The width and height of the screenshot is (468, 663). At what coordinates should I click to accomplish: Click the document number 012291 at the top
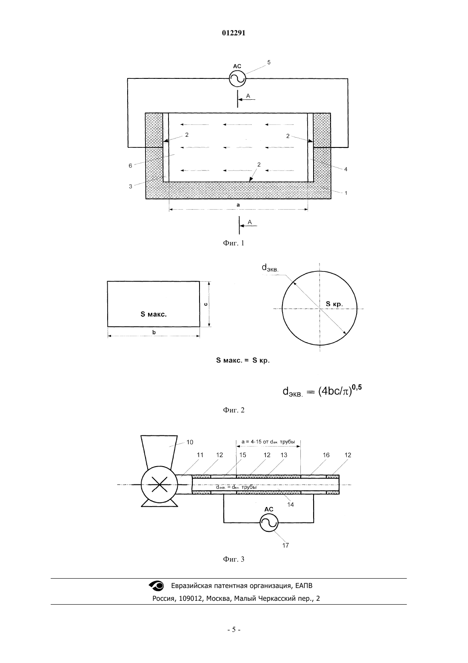click(x=234, y=33)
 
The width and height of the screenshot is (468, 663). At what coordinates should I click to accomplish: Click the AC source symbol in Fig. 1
click(x=237, y=78)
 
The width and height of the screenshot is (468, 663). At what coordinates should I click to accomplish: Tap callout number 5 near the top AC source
click(x=269, y=62)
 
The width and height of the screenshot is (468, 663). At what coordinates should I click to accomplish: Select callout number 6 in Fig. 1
click(x=130, y=166)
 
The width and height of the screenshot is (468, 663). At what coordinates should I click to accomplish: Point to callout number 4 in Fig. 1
click(x=345, y=169)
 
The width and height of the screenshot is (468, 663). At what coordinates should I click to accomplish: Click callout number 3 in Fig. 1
click(x=130, y=187)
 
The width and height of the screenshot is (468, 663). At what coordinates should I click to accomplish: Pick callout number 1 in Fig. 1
click(x=346, y=193)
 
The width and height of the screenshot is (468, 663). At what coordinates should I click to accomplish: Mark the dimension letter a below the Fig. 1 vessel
click(x=238, y=205)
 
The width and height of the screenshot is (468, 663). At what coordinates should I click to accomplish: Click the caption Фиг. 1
click(x=234, y=243)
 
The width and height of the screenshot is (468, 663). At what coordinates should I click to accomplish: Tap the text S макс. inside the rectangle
click(x=154, y=314)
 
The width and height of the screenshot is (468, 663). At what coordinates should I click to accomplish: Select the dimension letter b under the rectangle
click(x=154, y=332)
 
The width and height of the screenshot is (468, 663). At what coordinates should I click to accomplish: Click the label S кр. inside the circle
click(x=334, y=304)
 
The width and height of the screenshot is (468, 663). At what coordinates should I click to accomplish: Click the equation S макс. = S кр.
click(x=243, y=360)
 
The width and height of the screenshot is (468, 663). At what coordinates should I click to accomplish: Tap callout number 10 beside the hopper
click(x=190, y=442)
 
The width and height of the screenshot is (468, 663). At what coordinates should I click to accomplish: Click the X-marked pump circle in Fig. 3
click(x=160, y=484)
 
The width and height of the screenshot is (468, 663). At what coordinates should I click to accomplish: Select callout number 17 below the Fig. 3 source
click(x=285, y=545)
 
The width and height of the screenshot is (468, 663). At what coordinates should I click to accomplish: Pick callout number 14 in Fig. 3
click(x=291, y=504)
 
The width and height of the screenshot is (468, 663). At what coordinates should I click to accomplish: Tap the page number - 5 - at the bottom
click(x=234, y=630)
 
